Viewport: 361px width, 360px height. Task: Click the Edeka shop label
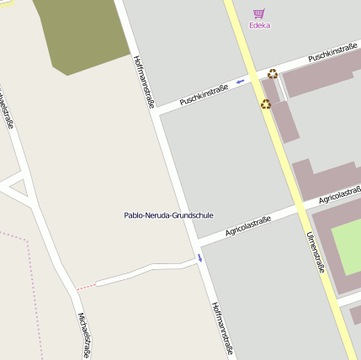pos(259,25)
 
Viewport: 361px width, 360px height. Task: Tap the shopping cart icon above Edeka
pos(259,13)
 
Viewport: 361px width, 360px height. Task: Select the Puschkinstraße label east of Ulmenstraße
pos(332,52)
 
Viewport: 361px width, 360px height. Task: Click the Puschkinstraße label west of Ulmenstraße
pos(204,93)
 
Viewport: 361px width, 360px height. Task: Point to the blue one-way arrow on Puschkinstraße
pos(241,82)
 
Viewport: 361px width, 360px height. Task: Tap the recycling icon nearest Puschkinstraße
pos(272,74)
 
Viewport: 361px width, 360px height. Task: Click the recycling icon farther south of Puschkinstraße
pos(266,104)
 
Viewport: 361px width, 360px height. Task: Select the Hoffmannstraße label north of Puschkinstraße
pos(144,82)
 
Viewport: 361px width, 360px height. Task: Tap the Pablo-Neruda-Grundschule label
pos(168,215)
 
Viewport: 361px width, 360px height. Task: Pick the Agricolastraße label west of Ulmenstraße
pos(247,226)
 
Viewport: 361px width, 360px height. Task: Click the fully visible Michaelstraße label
pos(83,336)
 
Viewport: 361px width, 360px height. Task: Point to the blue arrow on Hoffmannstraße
pos(199,258)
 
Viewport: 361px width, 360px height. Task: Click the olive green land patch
pos(82,34)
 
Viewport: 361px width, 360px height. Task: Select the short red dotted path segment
pos(86,287)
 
